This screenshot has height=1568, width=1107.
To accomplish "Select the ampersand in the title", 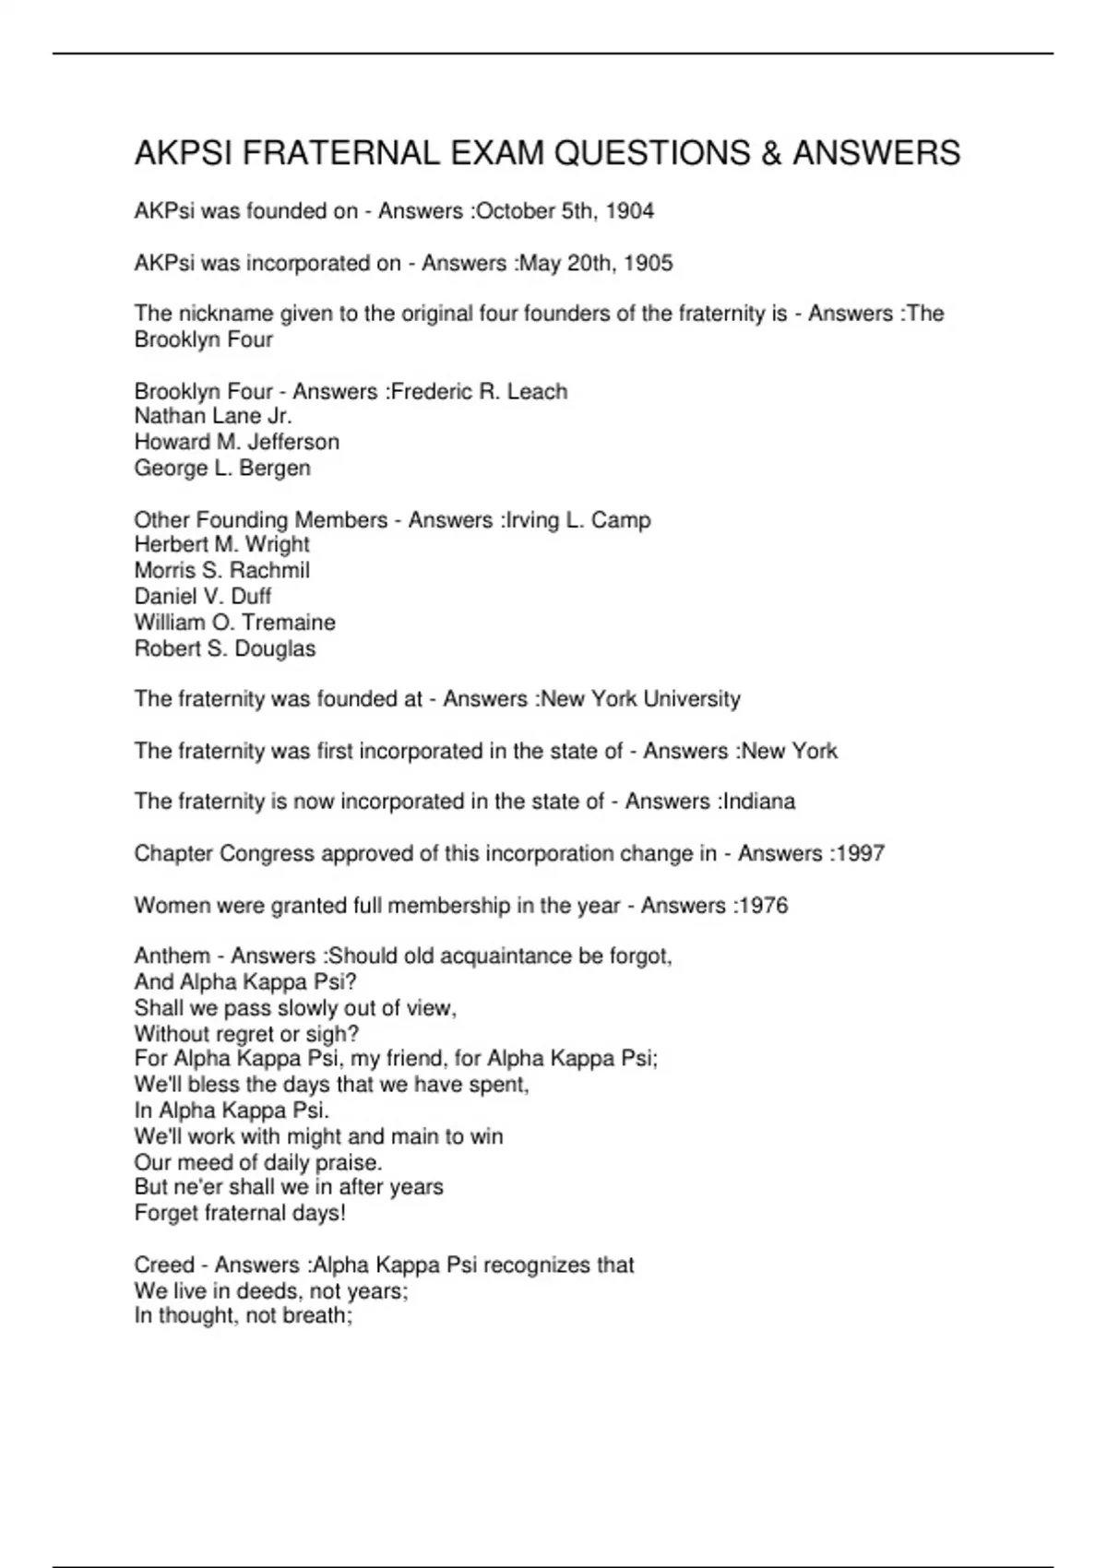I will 770,153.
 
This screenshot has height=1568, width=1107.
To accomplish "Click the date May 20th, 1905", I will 596,263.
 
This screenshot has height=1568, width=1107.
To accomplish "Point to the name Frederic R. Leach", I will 480,391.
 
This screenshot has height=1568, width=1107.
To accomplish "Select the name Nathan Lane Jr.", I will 213,416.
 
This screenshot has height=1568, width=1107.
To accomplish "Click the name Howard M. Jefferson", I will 237,442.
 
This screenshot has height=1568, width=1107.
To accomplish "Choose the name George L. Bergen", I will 222,468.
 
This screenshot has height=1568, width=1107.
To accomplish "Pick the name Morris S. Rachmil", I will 222,570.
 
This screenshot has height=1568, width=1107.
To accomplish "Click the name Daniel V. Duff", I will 203,596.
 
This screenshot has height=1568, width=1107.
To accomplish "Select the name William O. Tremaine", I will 235,622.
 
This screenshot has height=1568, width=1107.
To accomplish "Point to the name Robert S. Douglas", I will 225,648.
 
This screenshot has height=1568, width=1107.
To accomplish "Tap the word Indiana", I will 759,801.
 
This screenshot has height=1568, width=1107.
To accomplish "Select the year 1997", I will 860,853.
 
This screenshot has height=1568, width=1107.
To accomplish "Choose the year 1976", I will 763,905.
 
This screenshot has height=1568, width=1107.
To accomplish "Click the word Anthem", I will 173,956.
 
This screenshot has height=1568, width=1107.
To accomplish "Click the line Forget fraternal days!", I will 240,1213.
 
